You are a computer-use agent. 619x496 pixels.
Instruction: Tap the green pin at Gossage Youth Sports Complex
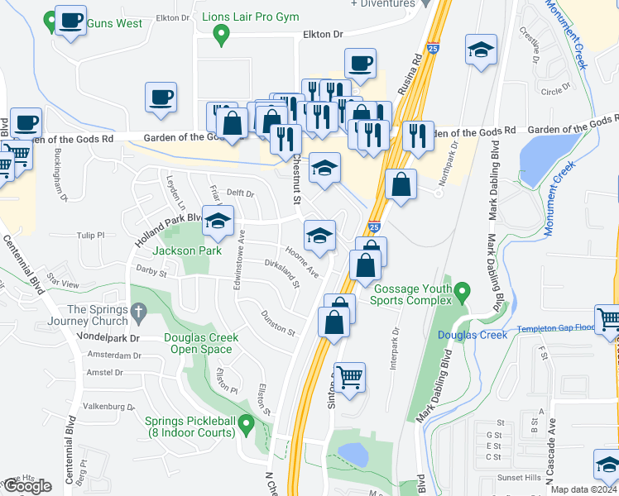tap(463, 291)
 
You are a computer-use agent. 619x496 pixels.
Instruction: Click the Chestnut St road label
tap(295, 180)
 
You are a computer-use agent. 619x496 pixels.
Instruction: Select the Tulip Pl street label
tap(90, 235)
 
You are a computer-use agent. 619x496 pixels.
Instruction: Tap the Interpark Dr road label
tap(395, 347)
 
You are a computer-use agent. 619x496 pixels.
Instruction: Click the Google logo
tap(26, 485)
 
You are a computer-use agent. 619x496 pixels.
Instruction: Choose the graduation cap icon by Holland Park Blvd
tap(218, 222)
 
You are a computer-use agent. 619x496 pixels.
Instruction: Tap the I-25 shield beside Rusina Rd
tap(434, 49)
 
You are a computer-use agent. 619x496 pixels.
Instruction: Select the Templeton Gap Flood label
tap(556, 329)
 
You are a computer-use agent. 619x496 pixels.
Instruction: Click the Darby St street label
tap(151, 272)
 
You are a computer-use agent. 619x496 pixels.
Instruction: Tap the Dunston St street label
tap(278, 328)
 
